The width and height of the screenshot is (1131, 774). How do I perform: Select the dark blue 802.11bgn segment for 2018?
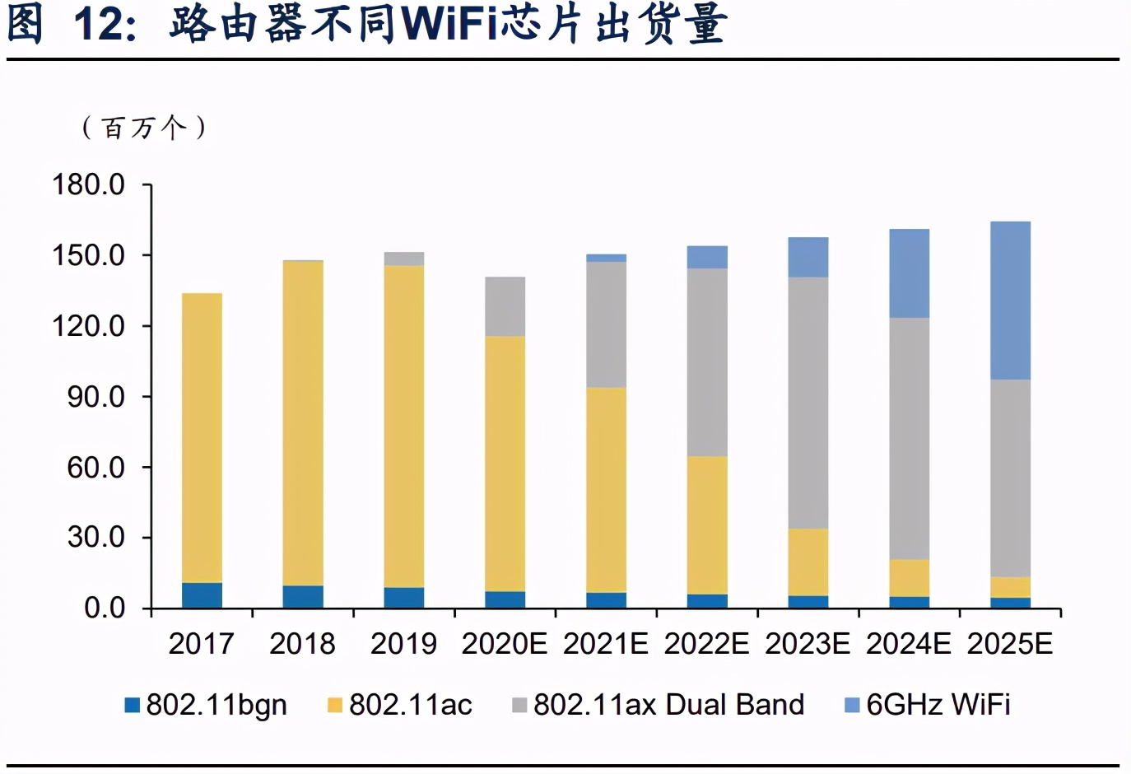tap(303, 597)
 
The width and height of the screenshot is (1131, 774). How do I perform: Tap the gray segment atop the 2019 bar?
tap(404, 259)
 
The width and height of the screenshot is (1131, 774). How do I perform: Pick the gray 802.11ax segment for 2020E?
tap(505, 306)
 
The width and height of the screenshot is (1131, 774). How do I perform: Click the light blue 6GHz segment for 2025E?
tap(1010, 301)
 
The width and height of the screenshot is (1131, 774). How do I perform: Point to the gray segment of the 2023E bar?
tap(808, 403)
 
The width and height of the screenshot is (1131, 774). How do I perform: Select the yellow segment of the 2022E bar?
tap(707, 525)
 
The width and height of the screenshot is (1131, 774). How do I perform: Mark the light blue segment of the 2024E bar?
tap(909, 273)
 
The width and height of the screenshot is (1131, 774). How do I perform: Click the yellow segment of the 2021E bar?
tap(606, 490)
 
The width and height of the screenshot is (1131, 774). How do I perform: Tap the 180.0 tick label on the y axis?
tap(89, 184)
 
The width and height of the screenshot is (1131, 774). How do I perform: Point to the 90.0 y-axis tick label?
tap(95, 397)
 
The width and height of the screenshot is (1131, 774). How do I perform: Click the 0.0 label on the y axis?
tap(105, 608)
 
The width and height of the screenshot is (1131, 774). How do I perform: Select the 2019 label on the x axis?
tap(403, 644)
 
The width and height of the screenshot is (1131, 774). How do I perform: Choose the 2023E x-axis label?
tap(808, 644)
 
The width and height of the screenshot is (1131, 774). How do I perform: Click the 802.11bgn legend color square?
tap(132, 705)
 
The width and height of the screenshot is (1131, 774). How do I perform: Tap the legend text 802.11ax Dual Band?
tap(668, 705)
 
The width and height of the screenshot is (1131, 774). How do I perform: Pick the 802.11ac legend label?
tap(410, 705)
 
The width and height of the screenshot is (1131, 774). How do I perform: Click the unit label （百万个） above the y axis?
tap(144, 128)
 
